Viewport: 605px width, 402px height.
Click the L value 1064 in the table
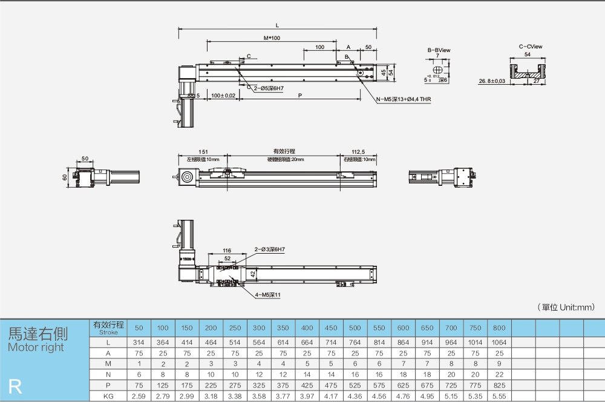(499, 342)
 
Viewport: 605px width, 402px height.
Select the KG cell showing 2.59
(139, 395)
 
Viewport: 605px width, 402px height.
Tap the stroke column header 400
(307, 328)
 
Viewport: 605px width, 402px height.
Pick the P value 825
(499, 384)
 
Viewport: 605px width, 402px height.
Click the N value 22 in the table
(499, 374)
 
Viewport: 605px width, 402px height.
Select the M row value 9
(499, 363)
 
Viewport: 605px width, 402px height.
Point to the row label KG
(108, 395)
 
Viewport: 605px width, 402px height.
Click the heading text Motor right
(36, 348)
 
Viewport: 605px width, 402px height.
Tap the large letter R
(15, 387)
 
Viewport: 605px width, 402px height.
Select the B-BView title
(439, 50)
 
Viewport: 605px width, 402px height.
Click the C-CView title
(530, 46)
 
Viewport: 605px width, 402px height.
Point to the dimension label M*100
(272, 38)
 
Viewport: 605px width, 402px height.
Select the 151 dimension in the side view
(203, 152)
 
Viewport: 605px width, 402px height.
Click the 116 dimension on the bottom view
(227, 250)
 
